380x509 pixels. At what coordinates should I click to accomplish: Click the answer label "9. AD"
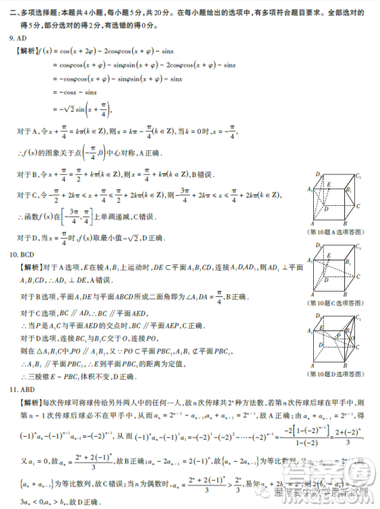pos(19,39)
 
